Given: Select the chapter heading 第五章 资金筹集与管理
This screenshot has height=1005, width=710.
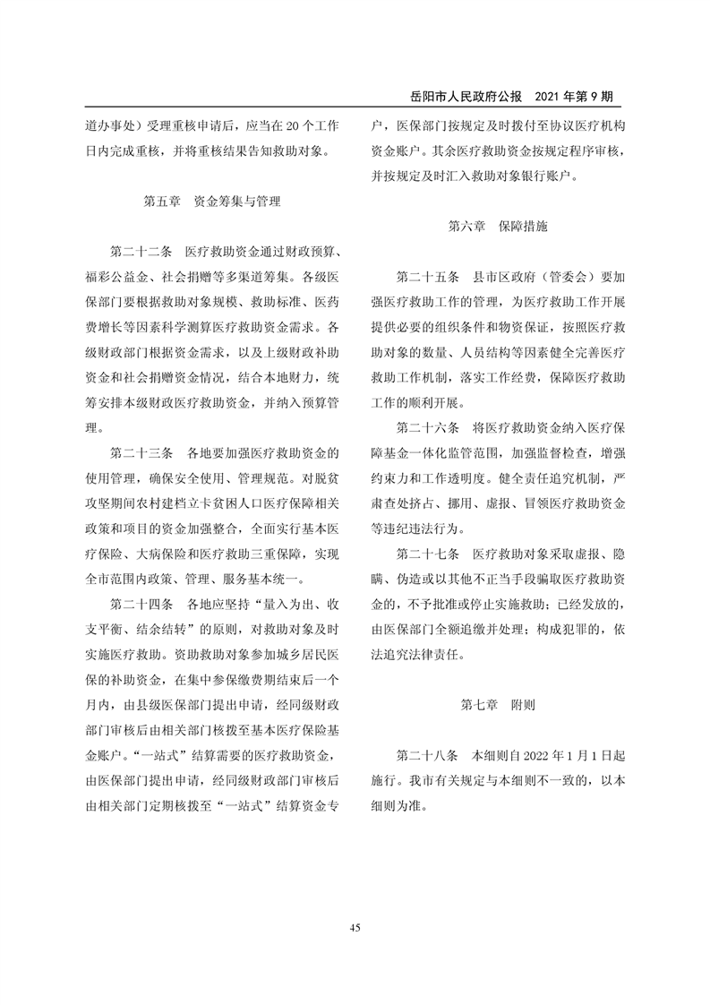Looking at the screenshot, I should tap(211, 202).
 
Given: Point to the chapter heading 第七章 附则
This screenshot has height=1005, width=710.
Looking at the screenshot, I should tap(498, 704).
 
